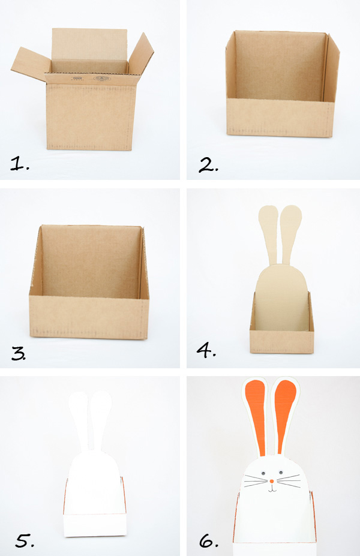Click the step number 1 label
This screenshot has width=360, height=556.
20,164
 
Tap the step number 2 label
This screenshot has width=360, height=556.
209,165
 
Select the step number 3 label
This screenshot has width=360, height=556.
19,353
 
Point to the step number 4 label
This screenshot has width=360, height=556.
206,350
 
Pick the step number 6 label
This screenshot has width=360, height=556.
209,541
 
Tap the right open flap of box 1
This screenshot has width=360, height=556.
141,53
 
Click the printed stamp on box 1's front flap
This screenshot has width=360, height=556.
100,79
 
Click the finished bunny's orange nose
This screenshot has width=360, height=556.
272,481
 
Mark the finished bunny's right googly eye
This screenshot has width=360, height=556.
281,473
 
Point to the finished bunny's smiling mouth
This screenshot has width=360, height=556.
272,489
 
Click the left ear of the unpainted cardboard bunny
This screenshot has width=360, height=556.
267,234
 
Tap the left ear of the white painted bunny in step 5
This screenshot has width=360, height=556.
80,421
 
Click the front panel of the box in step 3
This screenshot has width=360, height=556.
89,317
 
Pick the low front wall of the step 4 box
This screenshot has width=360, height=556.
281,341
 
